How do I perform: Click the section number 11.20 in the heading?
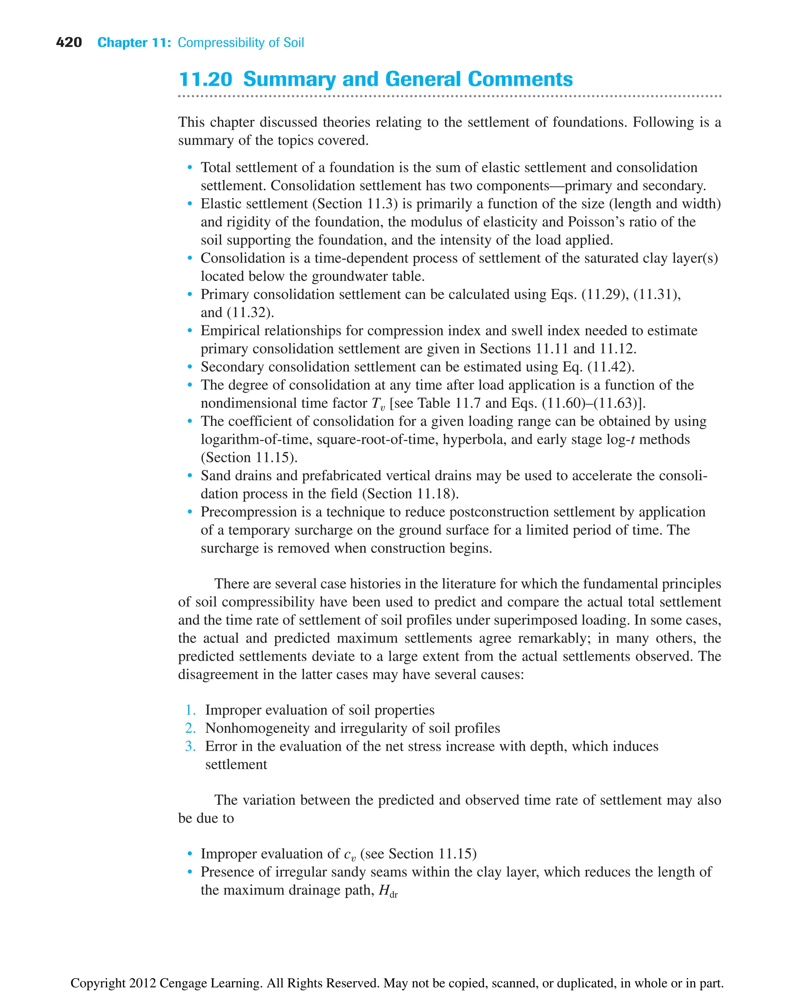click(205, 79)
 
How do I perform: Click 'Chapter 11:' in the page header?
click(134, 43)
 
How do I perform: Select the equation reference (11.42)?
click(610, 367)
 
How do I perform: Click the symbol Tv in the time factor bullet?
click(378, 404)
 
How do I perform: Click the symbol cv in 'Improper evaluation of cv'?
click(350, 854)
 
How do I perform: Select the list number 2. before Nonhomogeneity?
click(190, 728)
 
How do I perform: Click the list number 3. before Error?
click(190, 746)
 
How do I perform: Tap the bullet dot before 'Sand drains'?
click(190, 476)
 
